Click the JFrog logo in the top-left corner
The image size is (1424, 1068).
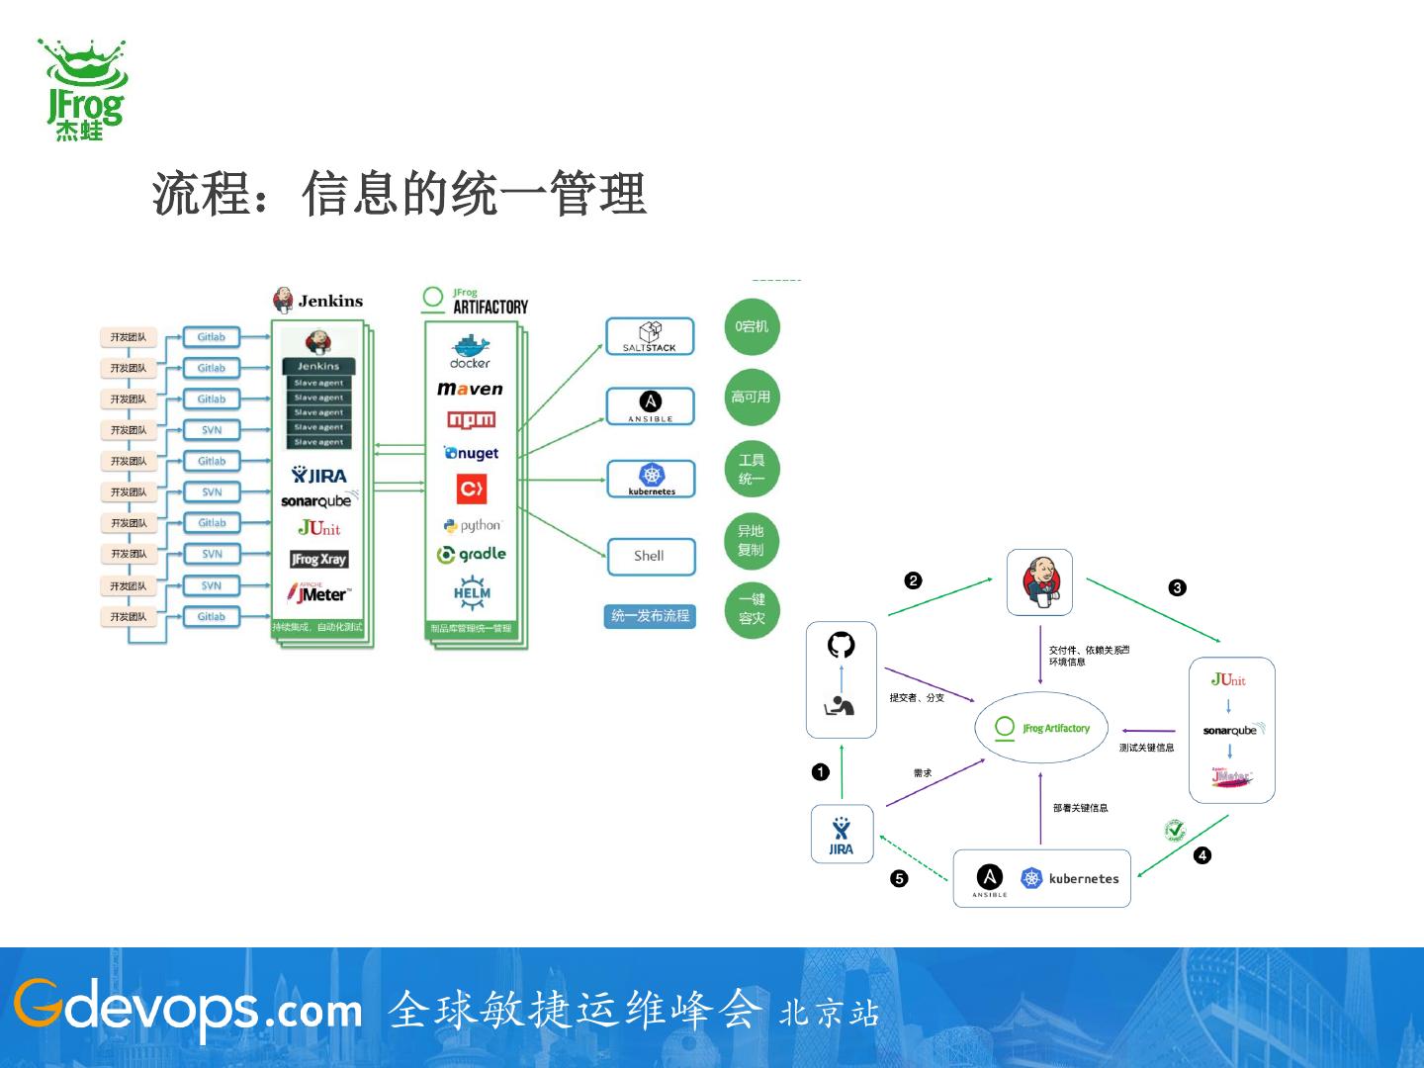click(83, 89)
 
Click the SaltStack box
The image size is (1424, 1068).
click(650, 336)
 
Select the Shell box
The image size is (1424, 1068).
click(650, 556)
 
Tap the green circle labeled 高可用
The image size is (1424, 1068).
click(751, 398)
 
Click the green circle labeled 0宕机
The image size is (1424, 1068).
click(751, 326)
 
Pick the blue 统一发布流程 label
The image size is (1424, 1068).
click(650, 616)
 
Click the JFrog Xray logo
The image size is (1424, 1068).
click(318, 560)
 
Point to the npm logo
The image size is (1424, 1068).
click(471, 420)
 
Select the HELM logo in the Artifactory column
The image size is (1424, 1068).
click(472, 592)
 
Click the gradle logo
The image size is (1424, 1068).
click(472, 555)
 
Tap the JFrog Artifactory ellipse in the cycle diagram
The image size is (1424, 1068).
click(1040, 728)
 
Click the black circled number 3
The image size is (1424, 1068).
click(1177, 587)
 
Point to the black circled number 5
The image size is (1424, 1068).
click(899, 878)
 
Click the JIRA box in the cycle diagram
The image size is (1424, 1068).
click(841, 835)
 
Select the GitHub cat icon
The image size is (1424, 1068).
click(841, 646)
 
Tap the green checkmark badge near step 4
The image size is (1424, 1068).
click(1175, 831)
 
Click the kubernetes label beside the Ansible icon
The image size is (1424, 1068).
click(1083, 878)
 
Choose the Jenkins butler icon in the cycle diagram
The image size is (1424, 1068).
click(1039, 581)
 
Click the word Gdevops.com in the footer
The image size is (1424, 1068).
click(188, 1009)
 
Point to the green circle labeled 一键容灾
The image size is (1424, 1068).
click(752, 609)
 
